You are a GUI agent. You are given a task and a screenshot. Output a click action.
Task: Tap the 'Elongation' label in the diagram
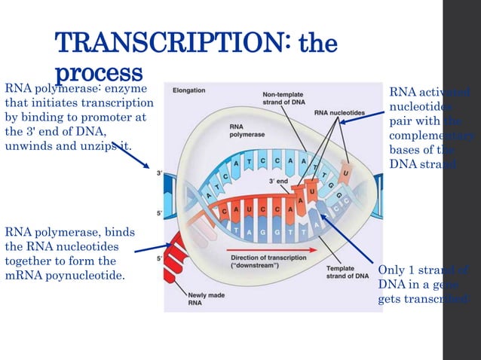[x=189, y=90]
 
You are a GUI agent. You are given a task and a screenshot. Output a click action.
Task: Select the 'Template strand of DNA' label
[x=347, y=273]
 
